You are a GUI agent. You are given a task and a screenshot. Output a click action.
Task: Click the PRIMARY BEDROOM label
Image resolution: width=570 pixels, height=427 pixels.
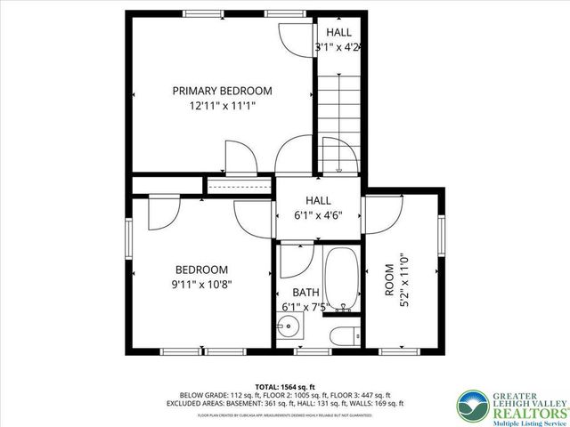tap(222, 91)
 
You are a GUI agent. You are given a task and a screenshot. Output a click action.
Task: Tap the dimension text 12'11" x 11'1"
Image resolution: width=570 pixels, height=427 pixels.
tap(222, 106)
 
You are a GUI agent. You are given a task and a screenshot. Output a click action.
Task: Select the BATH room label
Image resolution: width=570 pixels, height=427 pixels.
tap(305, 292)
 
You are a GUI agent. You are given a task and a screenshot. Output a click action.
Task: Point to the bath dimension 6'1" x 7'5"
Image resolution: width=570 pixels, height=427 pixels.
tap(305, 308)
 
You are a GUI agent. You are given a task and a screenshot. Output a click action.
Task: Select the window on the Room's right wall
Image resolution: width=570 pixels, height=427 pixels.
tap(442, 240)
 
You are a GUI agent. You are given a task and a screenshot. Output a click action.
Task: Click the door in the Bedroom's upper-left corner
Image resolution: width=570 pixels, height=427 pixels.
tap(160, 213)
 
